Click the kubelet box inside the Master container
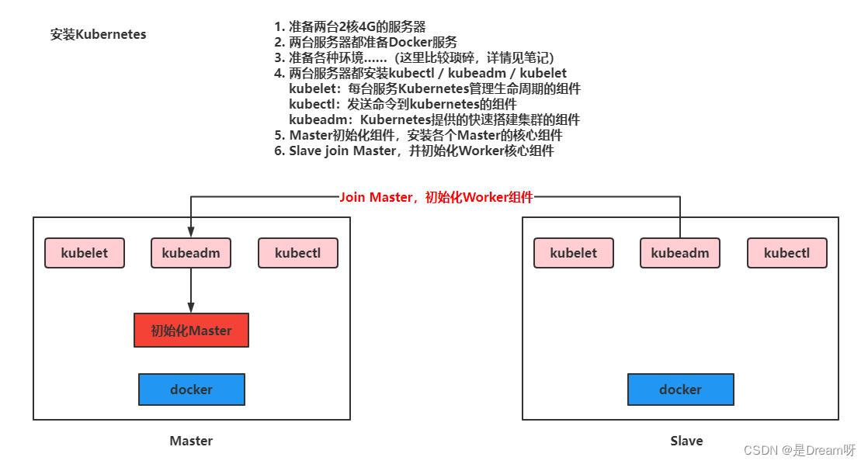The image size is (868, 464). coord(85,253)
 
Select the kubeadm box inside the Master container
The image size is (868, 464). coord(191,253)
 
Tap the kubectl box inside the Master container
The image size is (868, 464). coord(298,253)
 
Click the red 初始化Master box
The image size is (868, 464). coord(191,331)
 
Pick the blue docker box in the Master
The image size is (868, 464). coord(191,390)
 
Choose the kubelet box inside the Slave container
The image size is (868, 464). coord(574,253)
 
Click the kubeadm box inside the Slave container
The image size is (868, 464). coord(680,253)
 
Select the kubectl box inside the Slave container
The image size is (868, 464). coord(786,253)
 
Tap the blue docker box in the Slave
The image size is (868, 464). coord(680,390)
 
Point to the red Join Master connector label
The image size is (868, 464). coord(436,197)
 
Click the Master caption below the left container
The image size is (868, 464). coord(191,441)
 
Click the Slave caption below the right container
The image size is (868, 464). coord(686,441)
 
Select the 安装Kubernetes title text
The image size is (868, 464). coord(98,35)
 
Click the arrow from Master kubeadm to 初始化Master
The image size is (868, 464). coord(191,290)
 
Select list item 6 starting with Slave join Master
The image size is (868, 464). coord(414,151)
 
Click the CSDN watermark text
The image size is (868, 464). coord(799,451)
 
